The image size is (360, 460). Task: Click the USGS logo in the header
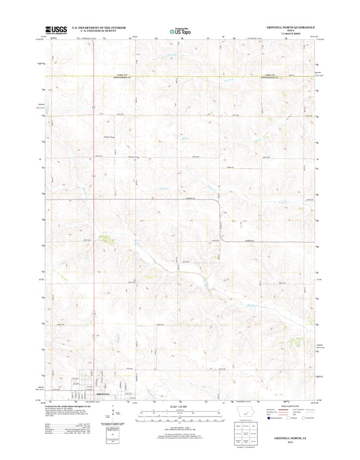[56, 30]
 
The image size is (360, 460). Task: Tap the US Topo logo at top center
[179, 31]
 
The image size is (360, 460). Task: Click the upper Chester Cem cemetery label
[108, 137]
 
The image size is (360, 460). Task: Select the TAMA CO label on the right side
[270, 75]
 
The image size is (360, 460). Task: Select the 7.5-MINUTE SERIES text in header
[290, 34]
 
